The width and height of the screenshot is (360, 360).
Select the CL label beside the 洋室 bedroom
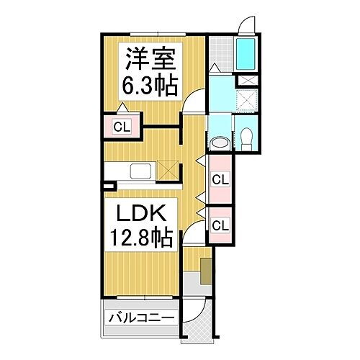122,128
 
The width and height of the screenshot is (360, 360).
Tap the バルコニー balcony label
141,318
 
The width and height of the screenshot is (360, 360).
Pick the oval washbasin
220,142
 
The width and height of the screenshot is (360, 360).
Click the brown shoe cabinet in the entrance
207,271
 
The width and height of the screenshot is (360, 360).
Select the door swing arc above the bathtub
246,24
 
